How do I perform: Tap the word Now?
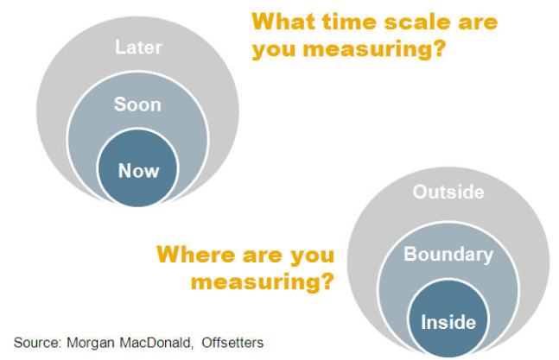coord(137,170)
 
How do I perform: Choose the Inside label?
coord(448,323)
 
